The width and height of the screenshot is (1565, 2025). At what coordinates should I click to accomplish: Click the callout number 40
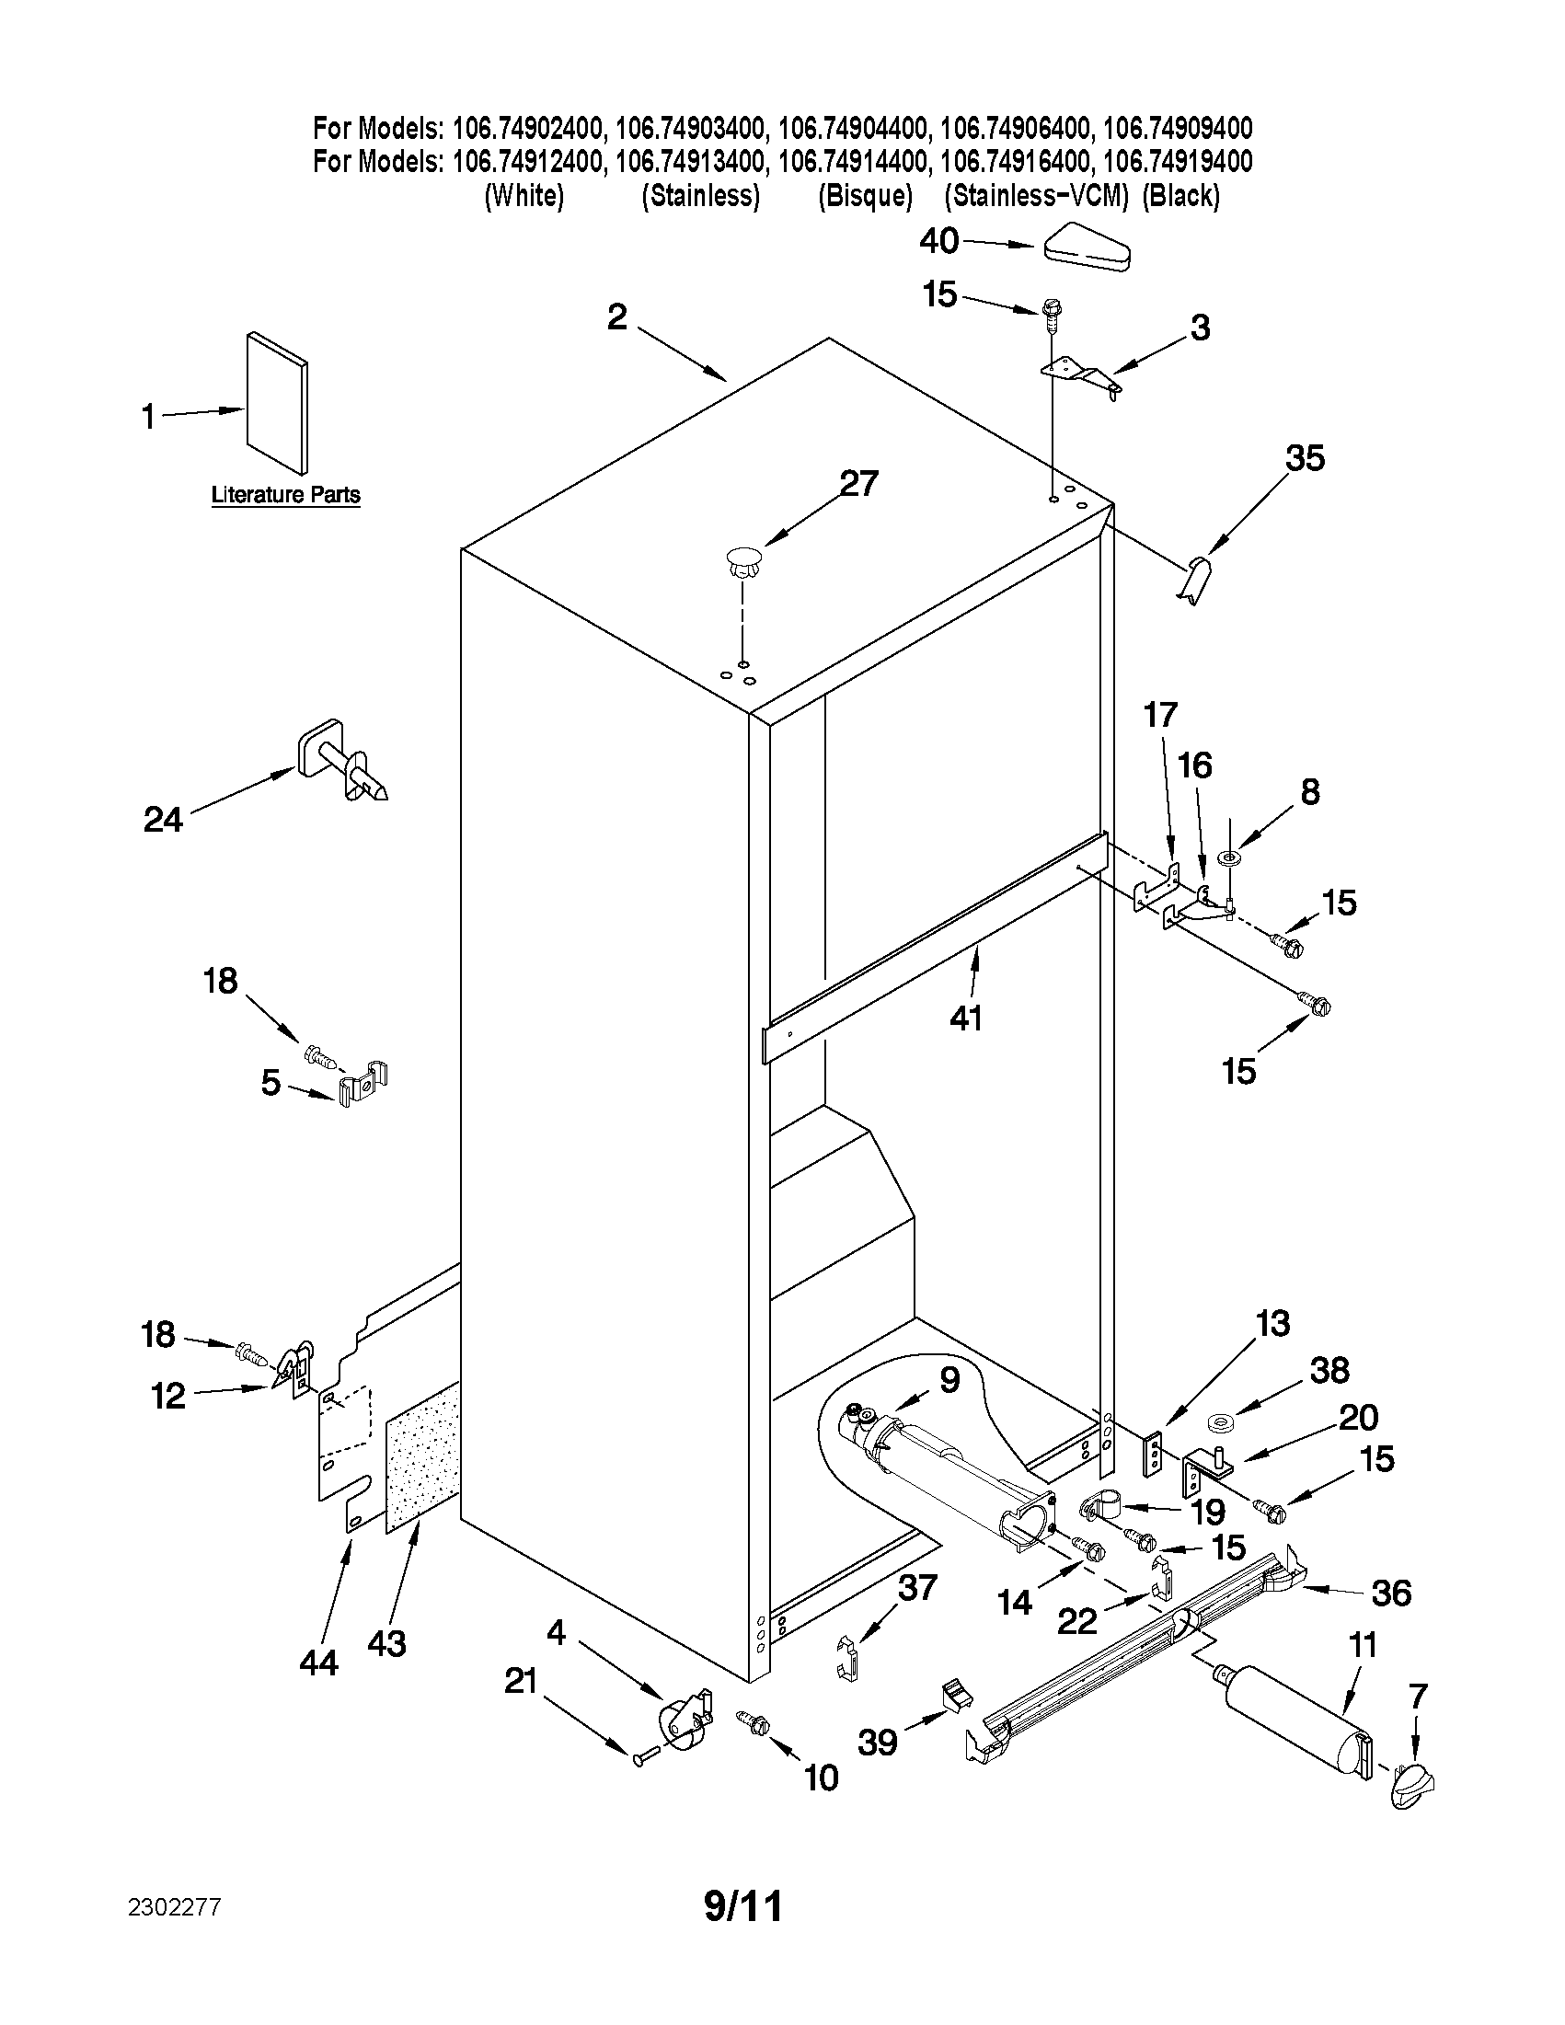pos(938,241)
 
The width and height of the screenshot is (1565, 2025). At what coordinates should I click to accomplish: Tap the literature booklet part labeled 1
pos(277,402)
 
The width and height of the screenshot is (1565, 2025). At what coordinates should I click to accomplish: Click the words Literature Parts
pos(285,495)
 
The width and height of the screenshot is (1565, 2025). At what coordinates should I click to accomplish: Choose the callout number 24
pos(163,819)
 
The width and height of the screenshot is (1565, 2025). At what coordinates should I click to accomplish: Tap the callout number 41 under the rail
pos(965,1018)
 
